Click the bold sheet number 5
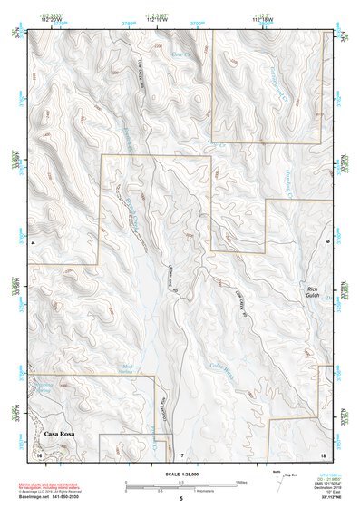coord(180,499)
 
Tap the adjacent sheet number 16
coord(40,453)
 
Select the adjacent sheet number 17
coord(180,453)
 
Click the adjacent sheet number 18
coord(322,453)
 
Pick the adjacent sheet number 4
coord(32,242)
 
